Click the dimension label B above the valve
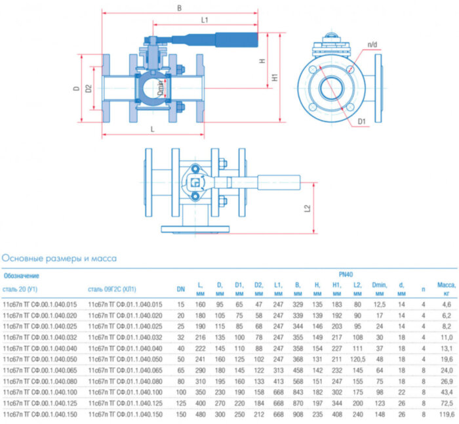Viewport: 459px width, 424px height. click(x=180, y=9)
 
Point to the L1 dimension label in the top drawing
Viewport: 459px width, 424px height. click(x=205, y=21)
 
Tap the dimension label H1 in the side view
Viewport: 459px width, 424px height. click(x=275, y=77)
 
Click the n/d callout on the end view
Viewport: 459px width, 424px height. click(x=372, y=45)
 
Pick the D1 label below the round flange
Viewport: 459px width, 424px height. click(x=362, y=121)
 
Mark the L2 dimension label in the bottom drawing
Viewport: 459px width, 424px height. click(x=308, y=209)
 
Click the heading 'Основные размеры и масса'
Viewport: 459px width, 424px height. click(x=60, y=258)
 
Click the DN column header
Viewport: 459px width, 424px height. click(x=180, y=289)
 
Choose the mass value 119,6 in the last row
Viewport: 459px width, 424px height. click(x=446, y=415)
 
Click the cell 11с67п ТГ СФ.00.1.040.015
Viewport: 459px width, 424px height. click(x=41, y=305)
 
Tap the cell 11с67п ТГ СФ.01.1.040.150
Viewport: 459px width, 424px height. click(x=125, y=415)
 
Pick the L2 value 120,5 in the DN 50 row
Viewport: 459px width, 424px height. click(x=357, y=360)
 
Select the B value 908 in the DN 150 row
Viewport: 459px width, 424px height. click(x=298, y=415)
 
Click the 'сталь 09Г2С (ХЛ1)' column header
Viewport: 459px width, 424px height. click(x=116, y=289)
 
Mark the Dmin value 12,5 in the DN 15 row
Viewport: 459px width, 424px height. click(x=380, y=305)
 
